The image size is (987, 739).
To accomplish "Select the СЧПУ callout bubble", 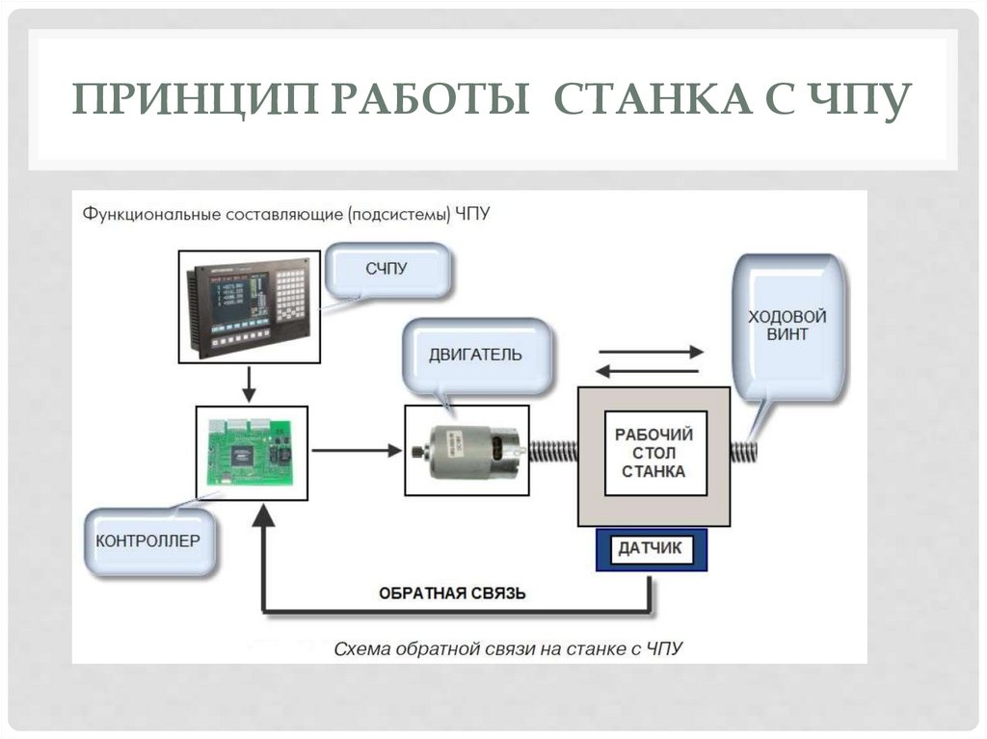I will pyautogui.click(x=387, y=270).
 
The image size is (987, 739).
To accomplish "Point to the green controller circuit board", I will pyautogui.click(x=252, y=452).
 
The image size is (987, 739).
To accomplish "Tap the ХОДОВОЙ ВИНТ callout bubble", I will pyautogui.click(x=787, y=326).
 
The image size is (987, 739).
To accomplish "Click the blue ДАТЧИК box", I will pyautogui.click(x=651, y=549).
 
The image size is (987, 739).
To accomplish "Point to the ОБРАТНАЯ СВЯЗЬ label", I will pyautogui.click(x=452, y=593).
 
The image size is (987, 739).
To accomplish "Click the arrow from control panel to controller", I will pyautogui.click(x=249, y=383).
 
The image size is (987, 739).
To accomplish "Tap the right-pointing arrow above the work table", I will pyautogui.click(x=651, y=353).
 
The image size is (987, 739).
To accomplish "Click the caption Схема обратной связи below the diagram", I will pyautogui.click(x=508, y=648).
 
